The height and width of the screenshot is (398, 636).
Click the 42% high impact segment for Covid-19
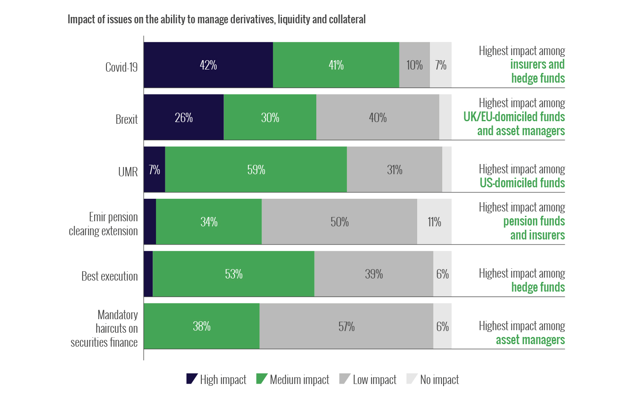(x=208, y=65)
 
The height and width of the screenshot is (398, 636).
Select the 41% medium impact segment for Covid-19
(x=336, y=65)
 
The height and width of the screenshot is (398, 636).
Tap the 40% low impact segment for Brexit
(x=377, y=117)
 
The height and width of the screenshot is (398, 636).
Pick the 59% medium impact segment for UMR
(x=256, y=170)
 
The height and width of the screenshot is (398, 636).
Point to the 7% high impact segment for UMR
(x=154, y=170)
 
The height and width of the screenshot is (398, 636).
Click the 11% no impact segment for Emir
(x=434, y=222)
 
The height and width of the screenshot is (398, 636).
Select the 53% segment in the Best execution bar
(x=234, y=274)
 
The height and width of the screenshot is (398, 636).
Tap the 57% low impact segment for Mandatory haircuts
(x=346, y=326)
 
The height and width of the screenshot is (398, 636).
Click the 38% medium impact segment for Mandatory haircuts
(x=202, y=326)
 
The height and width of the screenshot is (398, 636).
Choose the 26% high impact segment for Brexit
(x=184, y=117)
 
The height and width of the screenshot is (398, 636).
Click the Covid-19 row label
(x=121, y=67)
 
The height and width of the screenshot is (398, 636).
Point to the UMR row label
(x=128, y=172)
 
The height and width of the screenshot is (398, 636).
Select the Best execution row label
(x=109, y=276)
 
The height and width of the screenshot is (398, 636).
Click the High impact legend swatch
(x=192, y=379)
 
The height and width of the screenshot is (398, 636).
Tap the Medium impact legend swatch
(x=261, y=379)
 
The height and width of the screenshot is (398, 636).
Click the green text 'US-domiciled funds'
(x=522, y=183)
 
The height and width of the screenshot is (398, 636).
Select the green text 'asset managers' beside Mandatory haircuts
(x=530, y=340)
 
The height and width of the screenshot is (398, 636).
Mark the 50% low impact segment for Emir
(x=340, y=222)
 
